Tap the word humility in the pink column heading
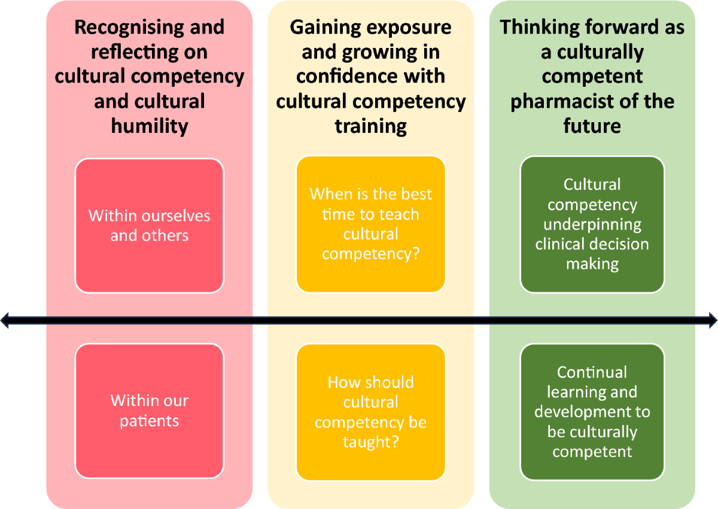(x=150, y=126)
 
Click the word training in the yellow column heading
(x=371, y=126)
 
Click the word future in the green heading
(x=592, y=126)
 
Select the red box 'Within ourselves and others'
(x=150, y=225)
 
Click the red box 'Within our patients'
(x=150, y=411)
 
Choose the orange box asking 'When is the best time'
(x=371, y=225)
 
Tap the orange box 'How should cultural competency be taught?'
(x=371, y=412)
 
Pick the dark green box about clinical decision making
(x=592, y=225)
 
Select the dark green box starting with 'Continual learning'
(x=592, y=412)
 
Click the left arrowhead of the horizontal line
(x=5, y=321)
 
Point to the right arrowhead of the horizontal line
(x=713, y=321)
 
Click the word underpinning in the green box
(x=592, y=225)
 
